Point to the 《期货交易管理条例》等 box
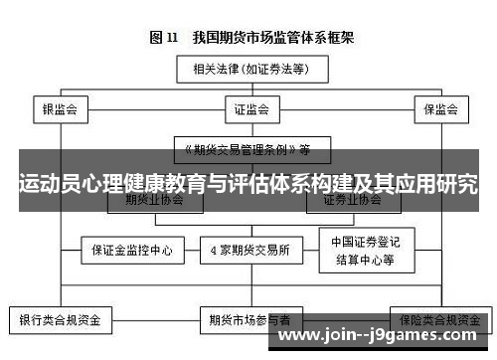246,149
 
